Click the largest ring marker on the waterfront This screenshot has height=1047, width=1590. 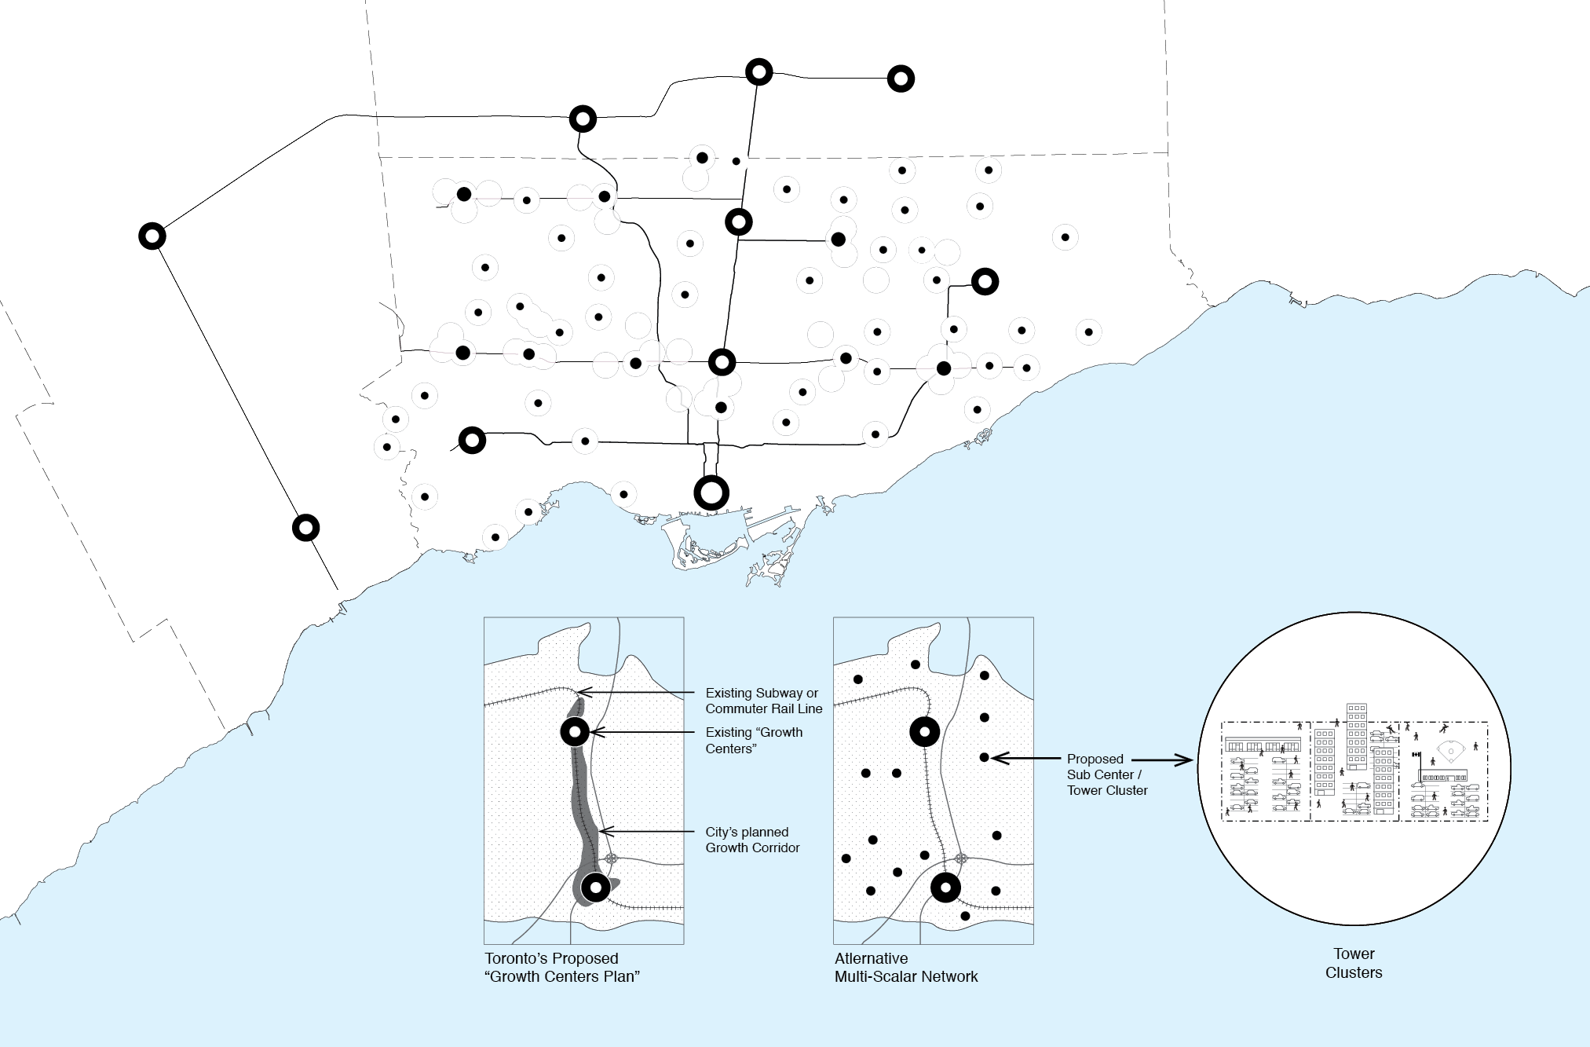711,493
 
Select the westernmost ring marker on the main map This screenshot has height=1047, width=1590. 152,236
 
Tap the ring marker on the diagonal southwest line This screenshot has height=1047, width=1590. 305,527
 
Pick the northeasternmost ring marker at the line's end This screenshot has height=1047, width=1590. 901,79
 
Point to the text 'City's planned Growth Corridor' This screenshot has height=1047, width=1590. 751,840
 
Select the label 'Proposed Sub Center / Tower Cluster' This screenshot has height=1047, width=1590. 1106,774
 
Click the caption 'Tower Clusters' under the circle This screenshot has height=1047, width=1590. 1354,963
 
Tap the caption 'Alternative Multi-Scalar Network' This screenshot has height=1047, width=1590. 906,968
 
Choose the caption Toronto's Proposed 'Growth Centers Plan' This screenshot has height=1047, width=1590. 562,968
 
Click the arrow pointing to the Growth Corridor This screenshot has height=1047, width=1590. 652,831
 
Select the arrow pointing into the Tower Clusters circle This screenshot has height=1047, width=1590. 1162,760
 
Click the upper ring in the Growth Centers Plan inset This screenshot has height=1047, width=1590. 576,732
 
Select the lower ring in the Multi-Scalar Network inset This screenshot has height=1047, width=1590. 945,888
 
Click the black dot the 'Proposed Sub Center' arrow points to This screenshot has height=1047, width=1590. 984,758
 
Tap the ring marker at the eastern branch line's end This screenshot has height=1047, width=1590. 985,281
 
